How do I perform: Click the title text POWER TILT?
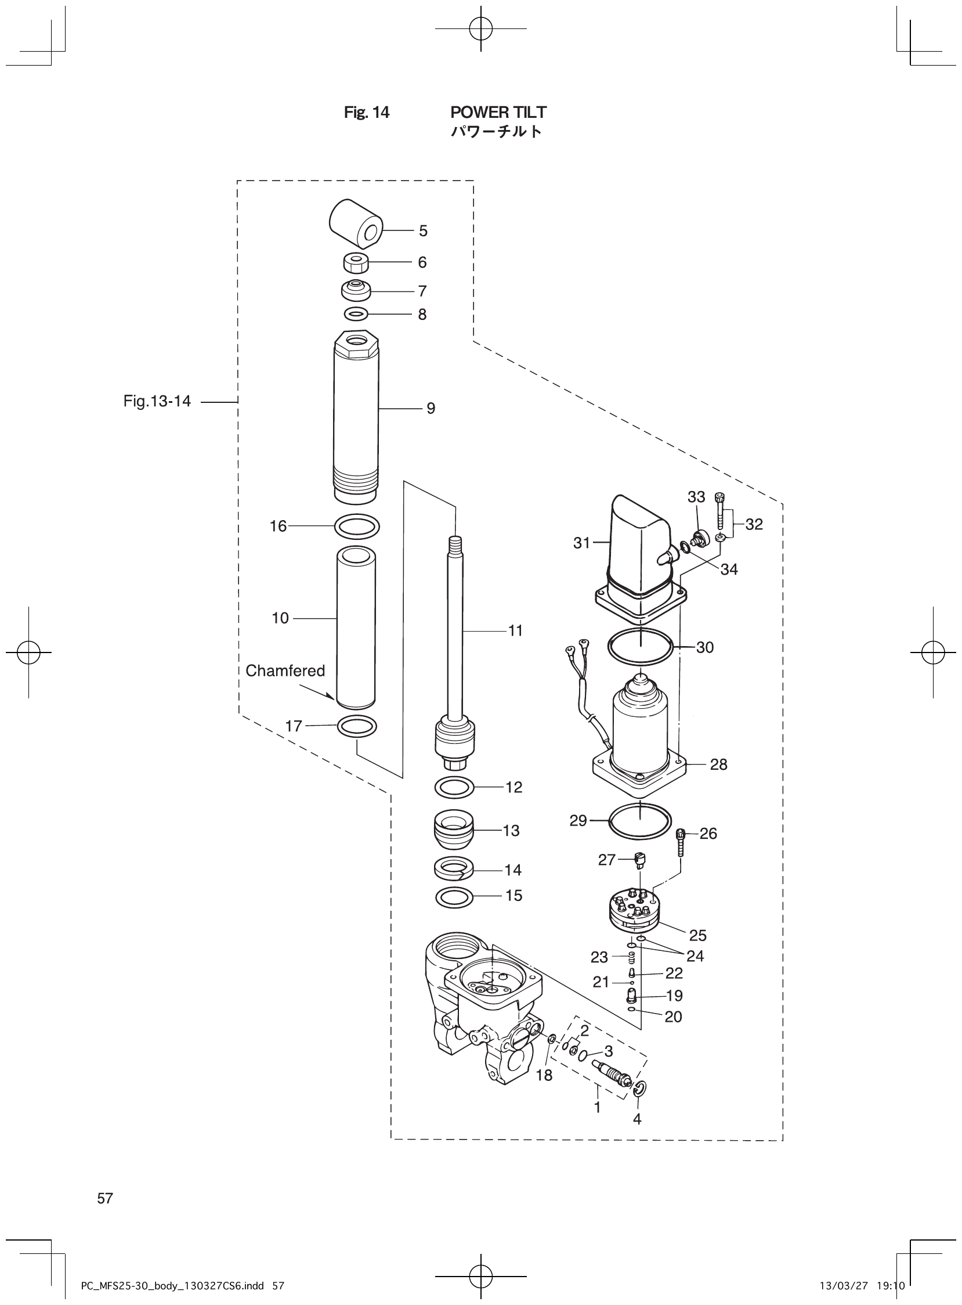pos(498,112)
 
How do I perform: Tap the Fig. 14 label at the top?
pos(366,112)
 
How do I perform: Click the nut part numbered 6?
pos(356,263)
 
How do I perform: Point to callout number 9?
pos(431,409)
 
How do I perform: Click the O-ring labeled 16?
pos(356,527)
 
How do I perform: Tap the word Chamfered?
pos(285,670)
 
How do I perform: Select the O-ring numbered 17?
pos(356,726)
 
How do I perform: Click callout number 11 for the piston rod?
pos(515,630)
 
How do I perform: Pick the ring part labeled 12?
pos(454,788)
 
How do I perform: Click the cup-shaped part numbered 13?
pos(454,831)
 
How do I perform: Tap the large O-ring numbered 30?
pos(640,647)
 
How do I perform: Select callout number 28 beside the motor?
pos(718,765)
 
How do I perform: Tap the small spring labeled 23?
pos(631,957)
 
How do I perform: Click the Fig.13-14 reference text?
pos(157,401)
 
